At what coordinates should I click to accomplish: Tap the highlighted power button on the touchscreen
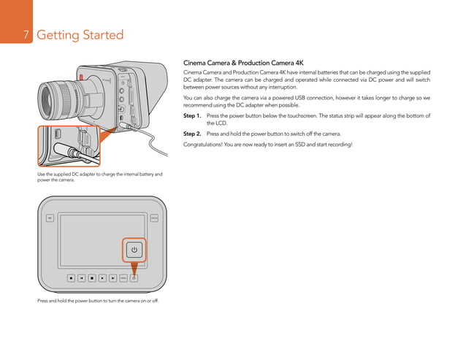(x=134, y=250)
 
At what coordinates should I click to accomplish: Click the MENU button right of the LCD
(x=154, y=218)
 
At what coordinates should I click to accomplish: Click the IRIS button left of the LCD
(x=50, y=218)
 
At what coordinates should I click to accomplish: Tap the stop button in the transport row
(x=91, y=277)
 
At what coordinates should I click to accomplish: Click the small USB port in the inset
(x=58, y=134)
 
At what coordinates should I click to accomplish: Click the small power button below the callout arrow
(x=134, y=277)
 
